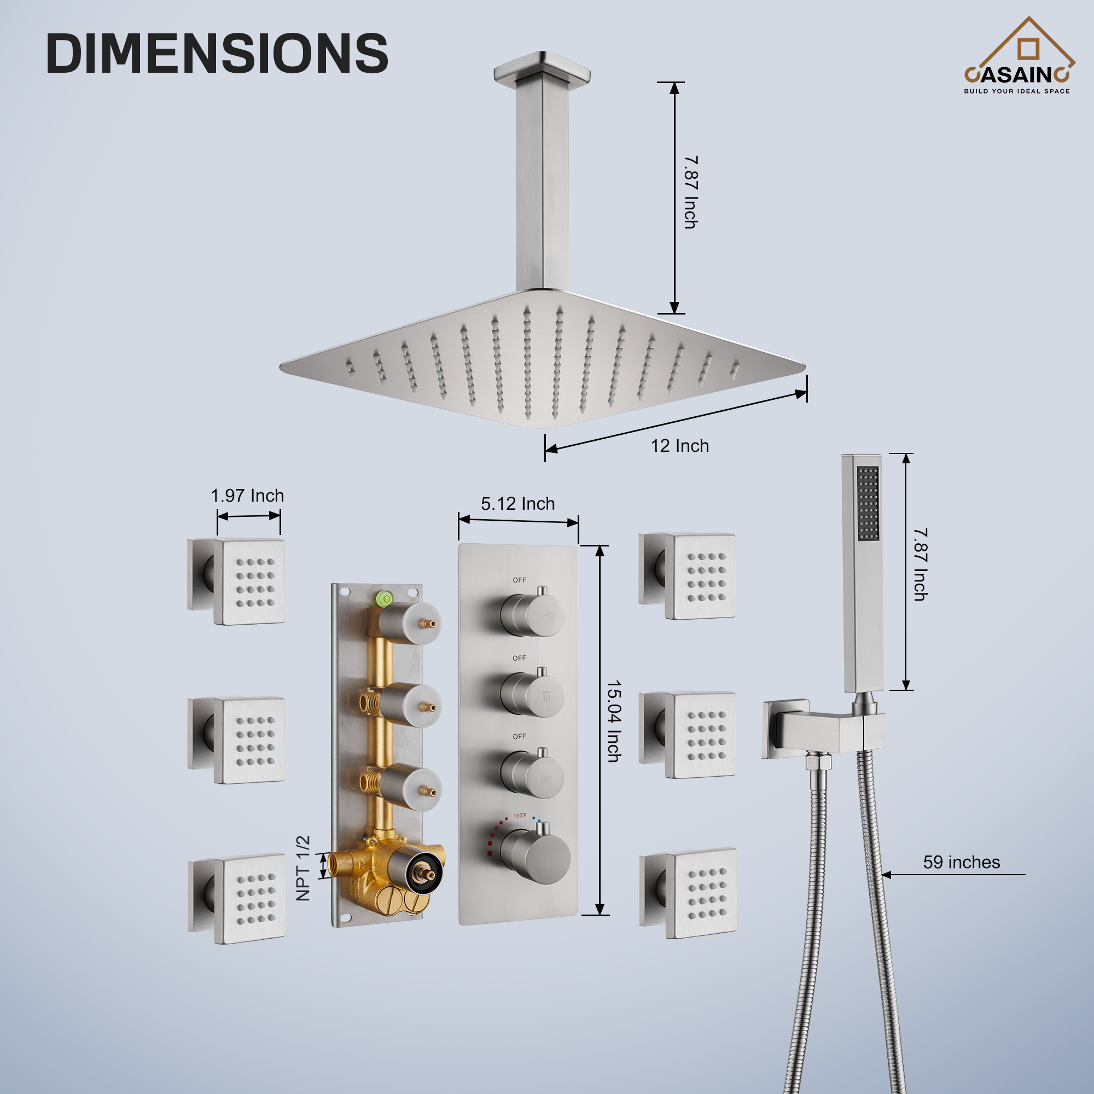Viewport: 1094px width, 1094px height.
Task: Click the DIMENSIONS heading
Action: pos(217,53)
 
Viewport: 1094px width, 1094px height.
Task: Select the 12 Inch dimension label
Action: pos(679,446)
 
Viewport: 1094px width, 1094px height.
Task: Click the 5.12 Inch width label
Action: pos(517,503)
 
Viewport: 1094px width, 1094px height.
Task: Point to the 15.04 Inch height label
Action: pos(614,721)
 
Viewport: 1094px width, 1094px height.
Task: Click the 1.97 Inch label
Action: pos(247,496)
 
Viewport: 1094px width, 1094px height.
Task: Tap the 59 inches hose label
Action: pos(962,862)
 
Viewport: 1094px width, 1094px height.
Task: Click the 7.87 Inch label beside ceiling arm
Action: pos(691,193)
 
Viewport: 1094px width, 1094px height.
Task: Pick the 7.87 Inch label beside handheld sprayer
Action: pos(920,565)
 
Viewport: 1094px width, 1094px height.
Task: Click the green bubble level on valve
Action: pos(385,598)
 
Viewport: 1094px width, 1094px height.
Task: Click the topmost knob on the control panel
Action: pos(532,614)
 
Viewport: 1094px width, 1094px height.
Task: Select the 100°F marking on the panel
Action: pos(520,816)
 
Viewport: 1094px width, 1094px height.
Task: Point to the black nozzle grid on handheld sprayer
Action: pos(868,503)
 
